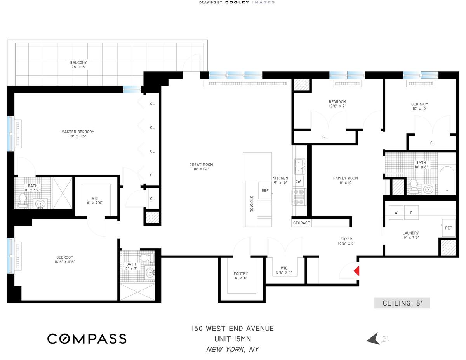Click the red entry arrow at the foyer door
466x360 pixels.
pos(356,270)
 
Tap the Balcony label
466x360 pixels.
pos(78,64)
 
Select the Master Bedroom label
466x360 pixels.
pos(78,134)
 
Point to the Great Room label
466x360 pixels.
pos(201,167)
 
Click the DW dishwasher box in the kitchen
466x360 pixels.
pos(298,181)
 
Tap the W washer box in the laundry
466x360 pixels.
pos(396,212)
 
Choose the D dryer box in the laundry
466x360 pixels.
pos(411,212)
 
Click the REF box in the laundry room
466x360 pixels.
pos(448,228)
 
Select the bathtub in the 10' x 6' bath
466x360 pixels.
pos(448,179)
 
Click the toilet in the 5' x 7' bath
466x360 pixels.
pos(145,257)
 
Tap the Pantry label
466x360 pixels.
pos(241,276)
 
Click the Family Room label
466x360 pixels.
pos(345,181)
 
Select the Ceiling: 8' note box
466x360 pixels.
pos(402,303)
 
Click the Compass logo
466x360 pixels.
pos(87,338)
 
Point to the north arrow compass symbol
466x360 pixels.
pos(376,339)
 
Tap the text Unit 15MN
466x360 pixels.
pos(232,339)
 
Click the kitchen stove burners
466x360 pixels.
pos(299,197)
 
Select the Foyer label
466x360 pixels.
pos(346,242)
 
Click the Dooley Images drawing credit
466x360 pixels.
pos(237,2)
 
